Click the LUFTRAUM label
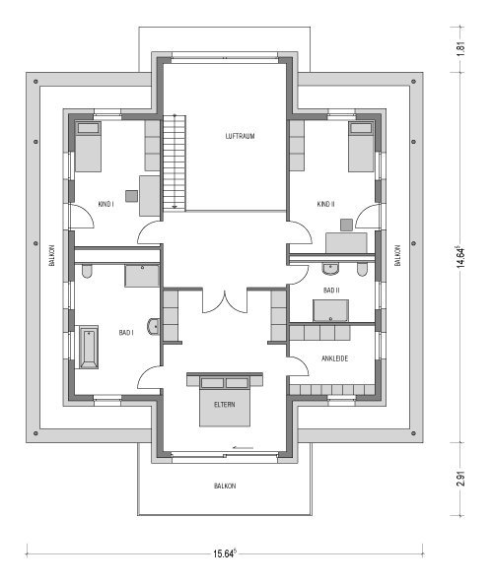point(240,136)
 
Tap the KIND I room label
point(106,204)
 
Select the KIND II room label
point(325,204)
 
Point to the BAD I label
point(126,332)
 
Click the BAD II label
point(331,291)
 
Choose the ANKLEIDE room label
point(334,358)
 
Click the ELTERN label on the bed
point(225,405)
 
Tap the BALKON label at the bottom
point(225,486)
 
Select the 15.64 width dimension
point(225,553)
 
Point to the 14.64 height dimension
point(460,257)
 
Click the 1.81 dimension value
point(460,48)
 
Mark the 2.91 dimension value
point(460,479)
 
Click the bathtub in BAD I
point(89,348)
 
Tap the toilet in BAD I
point(87,271)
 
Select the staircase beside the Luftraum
point(175,162)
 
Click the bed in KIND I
point(88,146)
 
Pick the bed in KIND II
point(361,146)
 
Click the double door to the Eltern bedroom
point(225,301)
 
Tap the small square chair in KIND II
point(346,225)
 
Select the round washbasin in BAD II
point(330,269)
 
